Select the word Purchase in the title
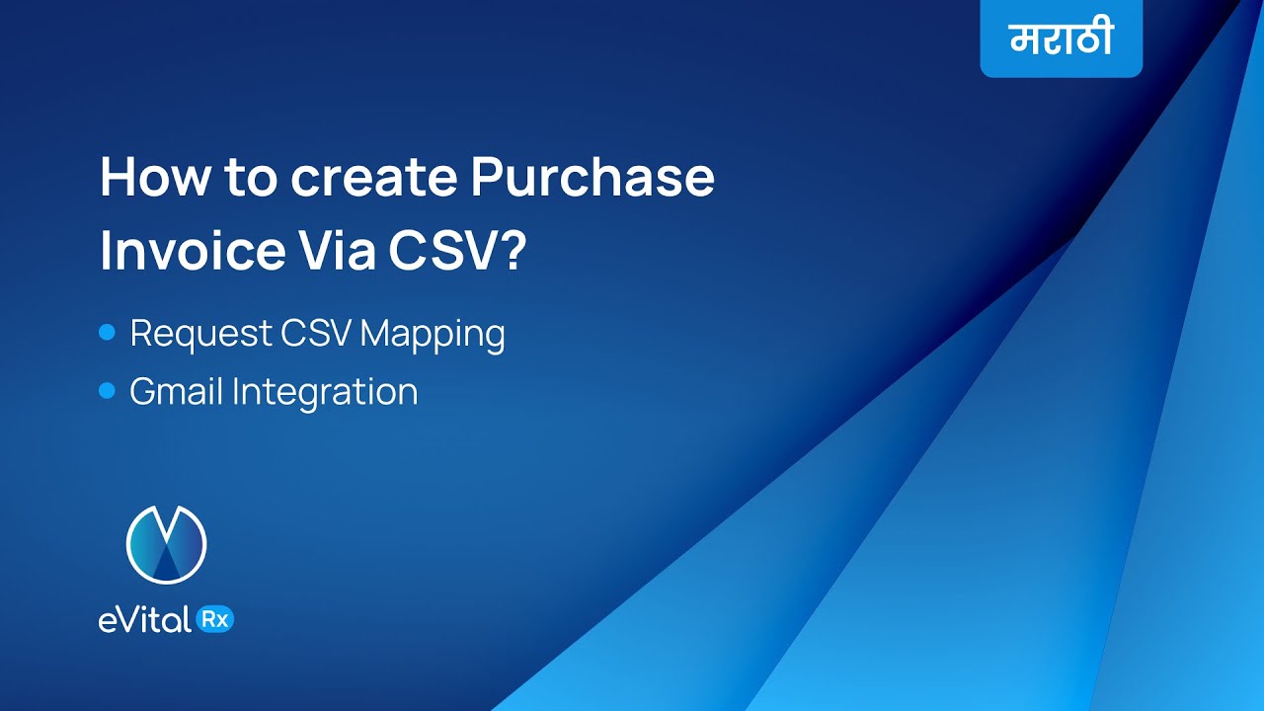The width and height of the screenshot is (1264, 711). pyautogui.click(x=592, y=179)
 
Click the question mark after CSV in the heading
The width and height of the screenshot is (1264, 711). pyautogui.click(x=512, y=251)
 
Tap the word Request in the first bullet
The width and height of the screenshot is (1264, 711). pyautogui.click(x=199, y=334)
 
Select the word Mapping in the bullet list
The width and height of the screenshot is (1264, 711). pyautogui.click(x=433, y=334)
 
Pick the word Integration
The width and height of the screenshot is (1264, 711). pyautogui.click(x=325, y=392)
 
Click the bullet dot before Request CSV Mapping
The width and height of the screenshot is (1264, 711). pyautogui.click(x=108, y=333)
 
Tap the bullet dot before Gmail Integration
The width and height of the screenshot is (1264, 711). pyautogui.click(x=108, y=392)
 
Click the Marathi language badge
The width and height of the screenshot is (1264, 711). pyautogui.click(x=1061, y=39)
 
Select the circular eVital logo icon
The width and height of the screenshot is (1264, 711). pyautogui.click(x=166, y=544)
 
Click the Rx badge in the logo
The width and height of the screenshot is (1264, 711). pyautogui.click(x=215, y=619)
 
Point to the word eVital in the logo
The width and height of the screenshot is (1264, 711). pyautogui.click(x=145, y=620)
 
